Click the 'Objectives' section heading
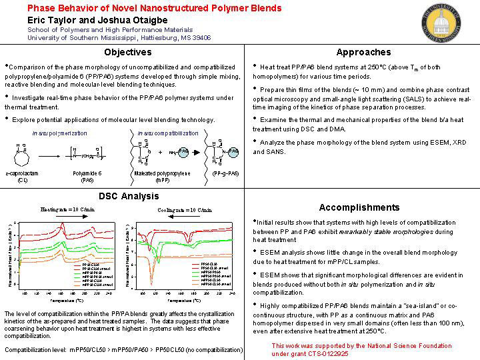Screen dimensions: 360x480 tap(128, 52)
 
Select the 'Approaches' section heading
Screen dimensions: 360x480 tap(363, 52)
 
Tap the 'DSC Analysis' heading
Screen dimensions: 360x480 tap(129, 196)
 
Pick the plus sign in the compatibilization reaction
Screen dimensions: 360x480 tap(160, 153)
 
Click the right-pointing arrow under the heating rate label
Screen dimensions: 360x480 tap(71, 216)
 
